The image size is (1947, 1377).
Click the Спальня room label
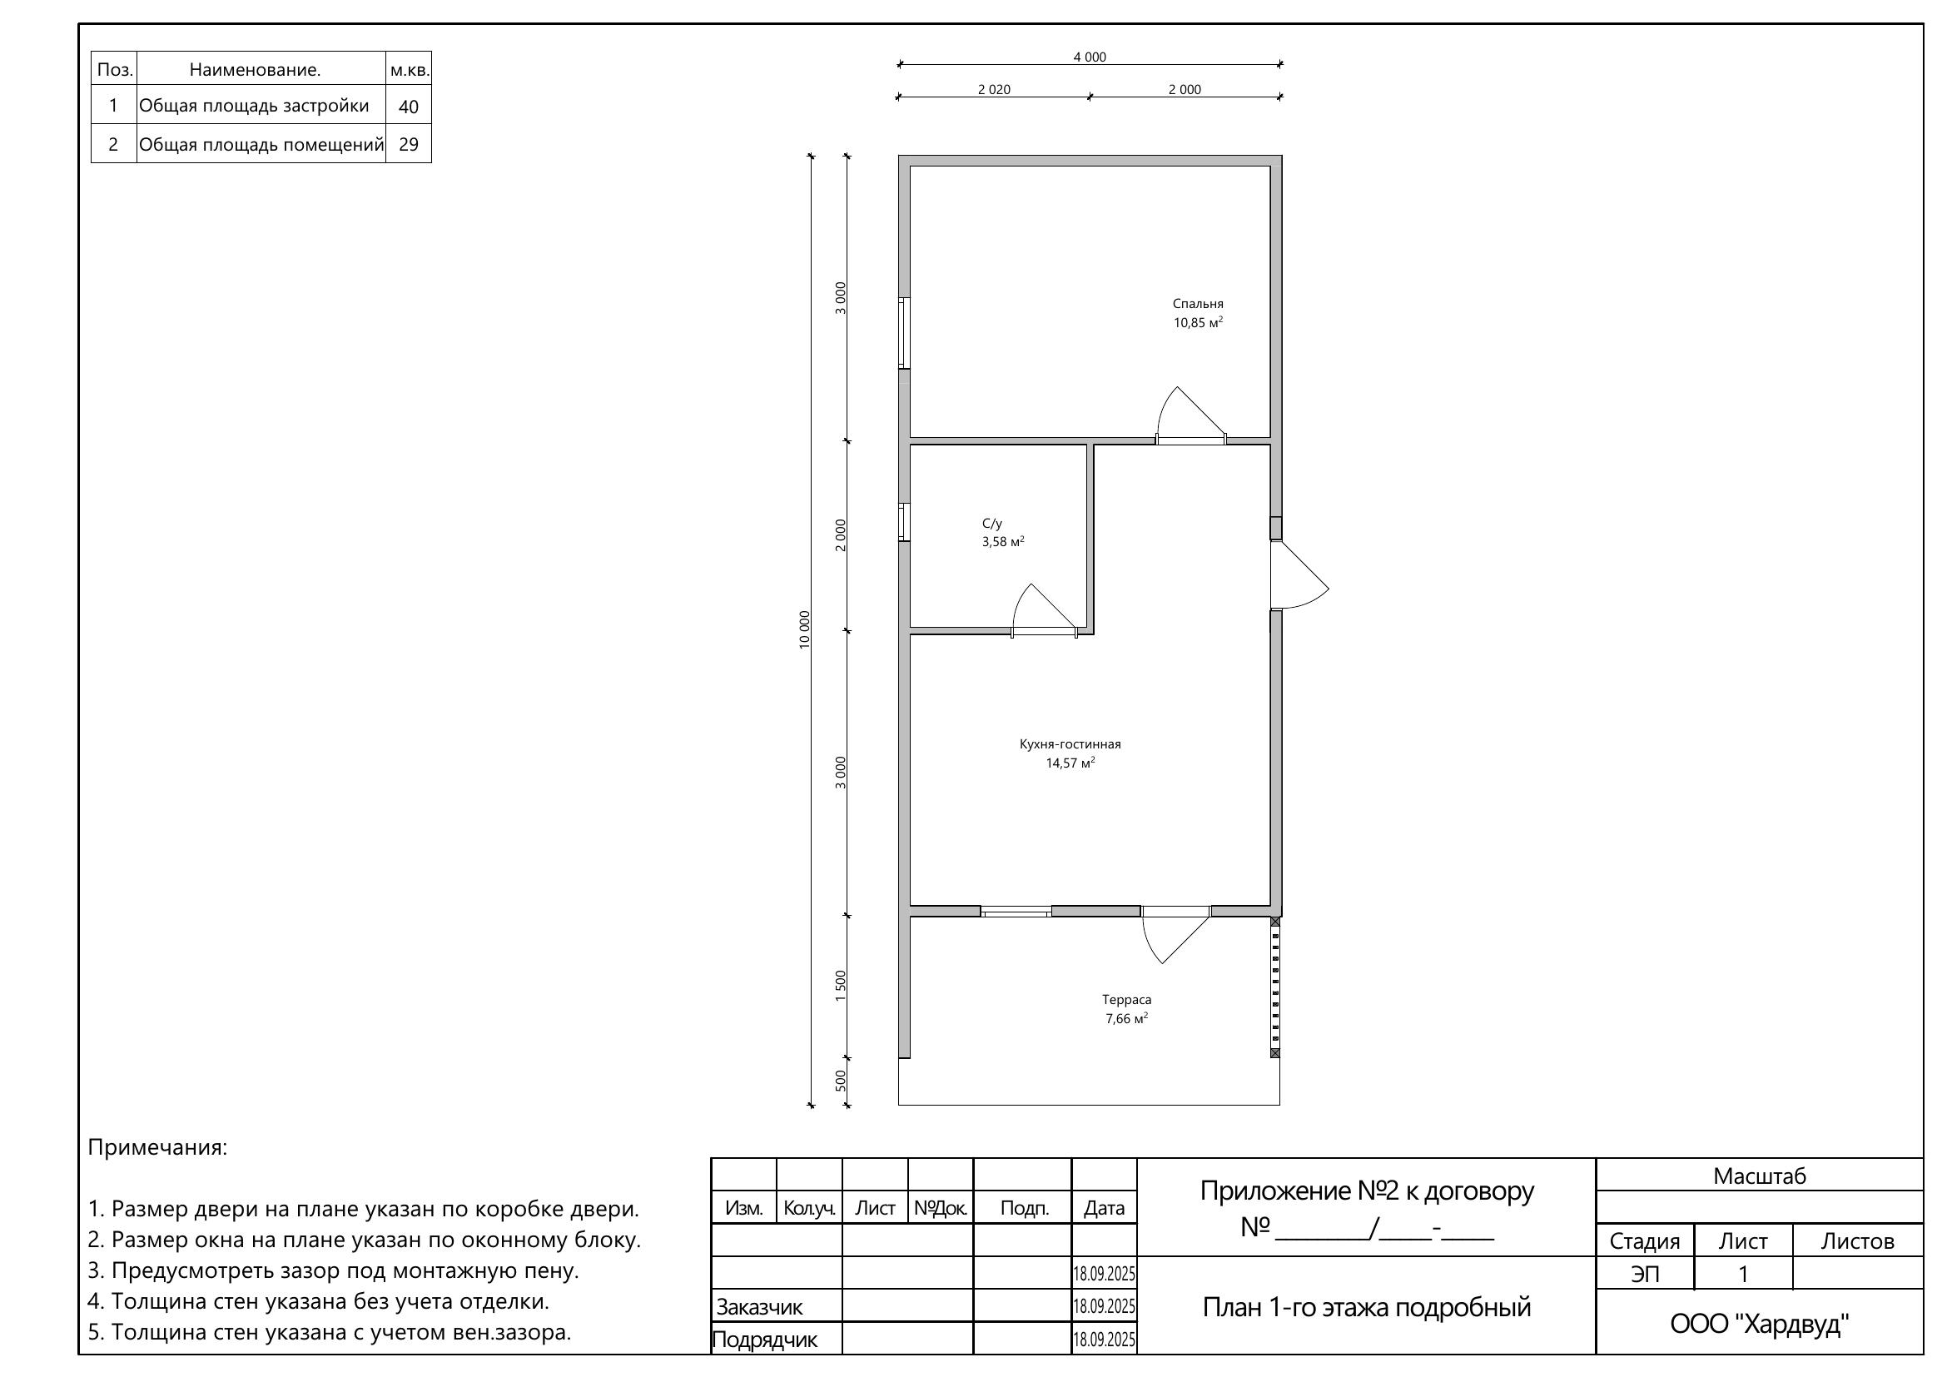(x=1197, y=304)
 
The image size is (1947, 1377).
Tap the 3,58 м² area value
(x=1003, y=542)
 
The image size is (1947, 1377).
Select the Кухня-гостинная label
(x=1070, y=744)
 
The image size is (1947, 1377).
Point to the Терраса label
(x=1126, y=1000)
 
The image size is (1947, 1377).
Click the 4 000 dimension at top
(x=1090, y=57)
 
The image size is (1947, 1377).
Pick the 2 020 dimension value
(x=994, y=89)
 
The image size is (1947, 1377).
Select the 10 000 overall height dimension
(x=805, y=630)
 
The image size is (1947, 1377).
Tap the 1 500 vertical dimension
(x=841, y=986)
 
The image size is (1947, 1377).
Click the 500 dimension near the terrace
(x=841, y=1081)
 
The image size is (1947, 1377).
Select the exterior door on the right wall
(x=1299, y=575)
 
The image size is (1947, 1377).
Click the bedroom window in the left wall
(x=905, y=333)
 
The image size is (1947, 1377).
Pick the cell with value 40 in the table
(x=409, y=106)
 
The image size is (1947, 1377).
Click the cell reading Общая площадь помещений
(x=261, y=144)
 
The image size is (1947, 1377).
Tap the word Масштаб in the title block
(x=1760, y=1176)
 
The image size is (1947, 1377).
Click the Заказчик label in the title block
(x=759, y=1307)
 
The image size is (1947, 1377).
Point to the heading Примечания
(x=157, y=1148)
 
